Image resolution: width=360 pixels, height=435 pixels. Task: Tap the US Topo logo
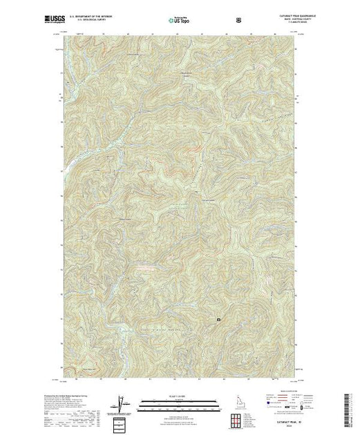(x=179, y=21)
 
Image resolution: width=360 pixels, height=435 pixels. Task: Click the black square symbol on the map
(x=219, y=320)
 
